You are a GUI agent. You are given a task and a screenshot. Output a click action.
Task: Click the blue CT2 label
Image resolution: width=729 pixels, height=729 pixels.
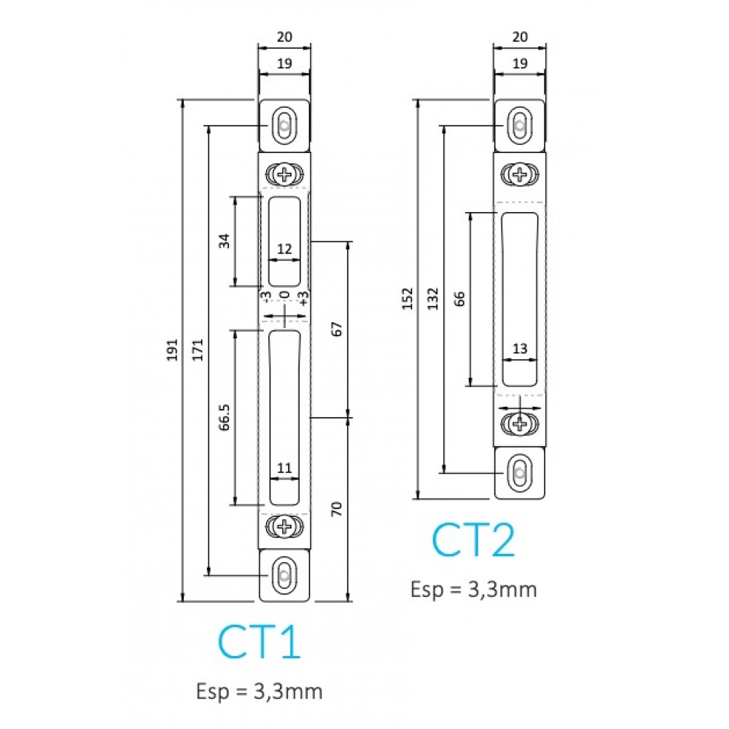point(473,539)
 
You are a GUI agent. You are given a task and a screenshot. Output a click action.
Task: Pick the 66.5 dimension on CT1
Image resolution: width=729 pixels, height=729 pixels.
point(225,417)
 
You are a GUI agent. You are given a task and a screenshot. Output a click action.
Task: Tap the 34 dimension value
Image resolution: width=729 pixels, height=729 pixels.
point(225,241)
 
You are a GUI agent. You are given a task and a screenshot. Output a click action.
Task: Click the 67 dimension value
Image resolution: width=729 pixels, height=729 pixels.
point(337,328)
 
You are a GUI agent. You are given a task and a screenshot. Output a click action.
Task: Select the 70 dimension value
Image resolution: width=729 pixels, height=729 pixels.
point(337,509)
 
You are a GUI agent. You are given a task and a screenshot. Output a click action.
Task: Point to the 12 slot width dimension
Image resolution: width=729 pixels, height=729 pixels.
point(284,249)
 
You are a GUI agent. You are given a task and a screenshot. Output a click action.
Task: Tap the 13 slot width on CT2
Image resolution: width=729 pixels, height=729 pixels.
point(519,349)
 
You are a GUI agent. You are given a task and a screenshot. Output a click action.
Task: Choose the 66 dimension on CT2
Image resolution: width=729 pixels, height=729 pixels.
point(459,298)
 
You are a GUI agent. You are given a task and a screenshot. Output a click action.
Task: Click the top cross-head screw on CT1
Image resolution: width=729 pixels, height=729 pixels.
point(284,174)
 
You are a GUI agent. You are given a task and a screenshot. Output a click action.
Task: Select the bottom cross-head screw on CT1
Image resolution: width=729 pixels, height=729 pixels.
point(284,525)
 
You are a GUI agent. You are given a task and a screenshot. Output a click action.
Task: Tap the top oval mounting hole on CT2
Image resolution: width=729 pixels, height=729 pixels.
point(519,125)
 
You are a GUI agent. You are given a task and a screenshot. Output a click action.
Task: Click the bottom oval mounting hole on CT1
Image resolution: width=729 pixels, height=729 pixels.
point(284,575)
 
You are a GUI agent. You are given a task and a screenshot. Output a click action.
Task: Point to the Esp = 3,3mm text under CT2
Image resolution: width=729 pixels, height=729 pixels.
point(473,589)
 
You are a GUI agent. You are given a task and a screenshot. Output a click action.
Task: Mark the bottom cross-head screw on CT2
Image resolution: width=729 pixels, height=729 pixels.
point(519,422)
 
